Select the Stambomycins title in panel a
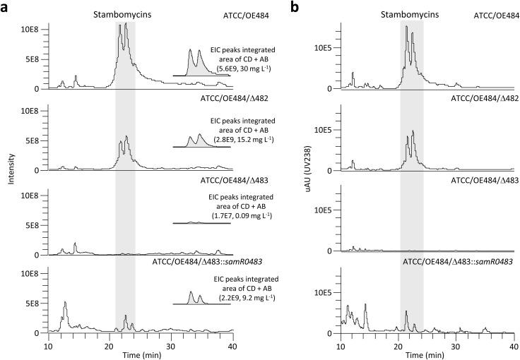coord(125,13)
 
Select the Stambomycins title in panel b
coord(412,13)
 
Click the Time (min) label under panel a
coord(140,352)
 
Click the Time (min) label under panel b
coord(427,352)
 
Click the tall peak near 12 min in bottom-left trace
coord(66,311)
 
